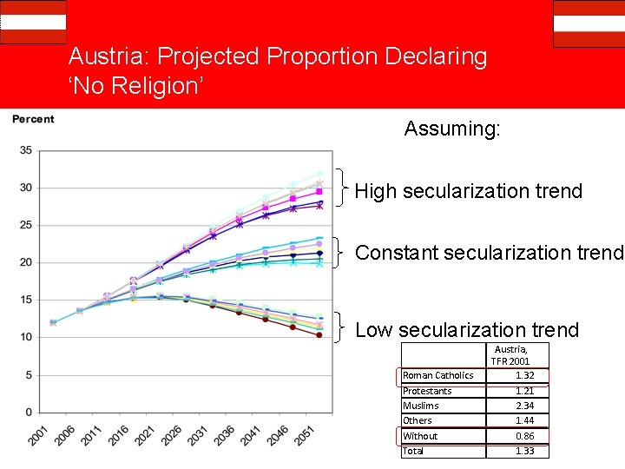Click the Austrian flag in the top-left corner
(33, 22)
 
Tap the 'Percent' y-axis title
(33, 119)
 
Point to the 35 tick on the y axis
(26, 150)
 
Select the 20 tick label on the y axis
(26, 262)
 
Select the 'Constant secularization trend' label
(490, 253)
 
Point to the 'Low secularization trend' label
(467, 330)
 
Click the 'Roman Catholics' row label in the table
(438, 375)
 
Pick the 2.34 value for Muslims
(524, 406)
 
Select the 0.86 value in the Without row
(524, 436)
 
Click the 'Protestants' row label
(426, 391)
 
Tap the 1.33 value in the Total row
(524, 451)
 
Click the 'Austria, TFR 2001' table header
(510, 354)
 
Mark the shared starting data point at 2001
(53, 322)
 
